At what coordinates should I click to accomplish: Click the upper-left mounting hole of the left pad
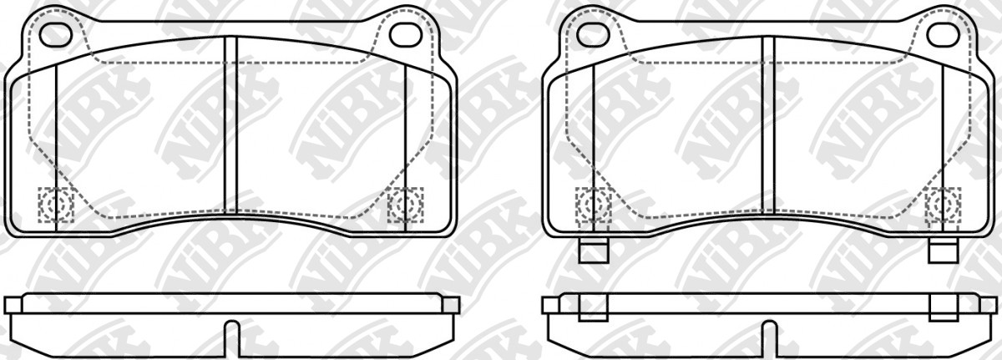[x=55, y=35]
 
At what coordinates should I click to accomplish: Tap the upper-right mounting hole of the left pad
[x=405, y=35]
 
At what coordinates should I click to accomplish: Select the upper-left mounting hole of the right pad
[x=593, y=35]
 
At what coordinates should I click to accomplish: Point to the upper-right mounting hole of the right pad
[x=943, y=35]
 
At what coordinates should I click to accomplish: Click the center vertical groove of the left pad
[x=230, y=124]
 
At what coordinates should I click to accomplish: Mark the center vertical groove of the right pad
[x=768, y=124]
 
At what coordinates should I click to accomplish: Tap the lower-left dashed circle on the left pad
[x=56, y=205]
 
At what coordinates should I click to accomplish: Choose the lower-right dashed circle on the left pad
[x=405, y=205]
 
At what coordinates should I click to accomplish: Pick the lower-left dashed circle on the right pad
[x=594, y=205]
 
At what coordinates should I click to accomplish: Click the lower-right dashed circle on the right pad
[x=943, y=205]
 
